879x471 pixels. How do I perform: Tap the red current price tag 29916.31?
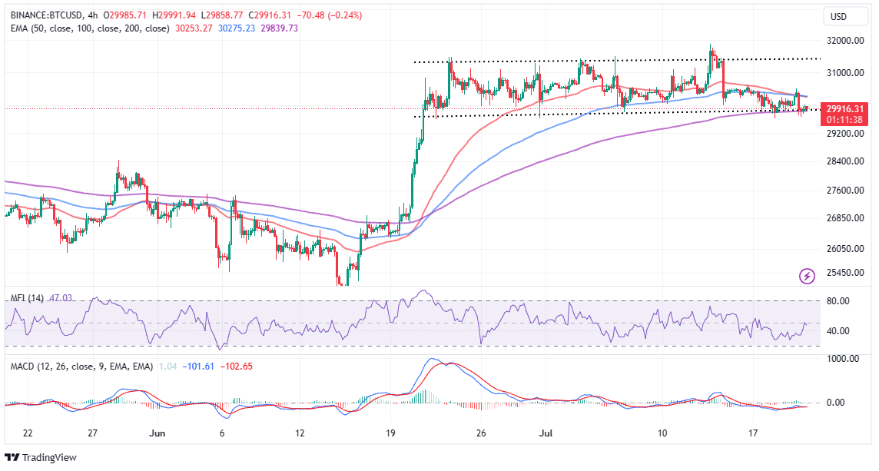tap(843, 109)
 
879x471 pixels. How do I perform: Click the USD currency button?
tap(838, 16)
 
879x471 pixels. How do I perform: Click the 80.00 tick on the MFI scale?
tap(838, 301)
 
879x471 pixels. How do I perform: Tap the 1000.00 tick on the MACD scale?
tap(841, 359)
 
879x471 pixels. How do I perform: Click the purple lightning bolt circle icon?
tap(807, 275)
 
